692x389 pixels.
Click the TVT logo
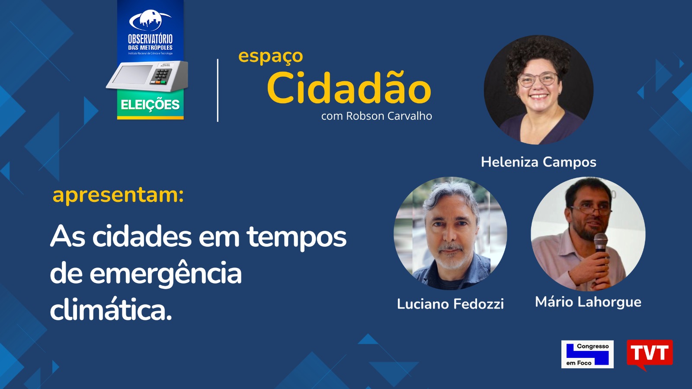650,354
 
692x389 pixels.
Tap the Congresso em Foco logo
587,354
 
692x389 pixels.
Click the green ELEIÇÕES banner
150,105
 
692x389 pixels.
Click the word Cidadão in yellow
349,88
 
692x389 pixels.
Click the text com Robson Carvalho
376,116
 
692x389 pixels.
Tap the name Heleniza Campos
538,162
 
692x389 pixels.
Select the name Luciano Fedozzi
450,304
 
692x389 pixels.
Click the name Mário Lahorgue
588,302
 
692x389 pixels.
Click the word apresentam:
118,195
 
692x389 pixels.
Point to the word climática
111,309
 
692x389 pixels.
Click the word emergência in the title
166,274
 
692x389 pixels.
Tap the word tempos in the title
297,237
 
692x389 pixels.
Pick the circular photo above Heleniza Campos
538,90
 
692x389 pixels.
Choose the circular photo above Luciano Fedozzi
450,233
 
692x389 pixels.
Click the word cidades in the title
142,237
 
